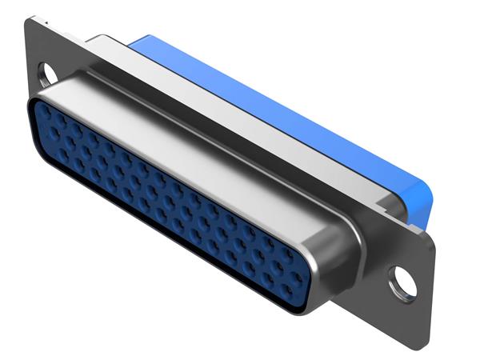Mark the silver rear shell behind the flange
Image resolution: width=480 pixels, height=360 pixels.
pyautogui.click(x=240, y=120)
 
